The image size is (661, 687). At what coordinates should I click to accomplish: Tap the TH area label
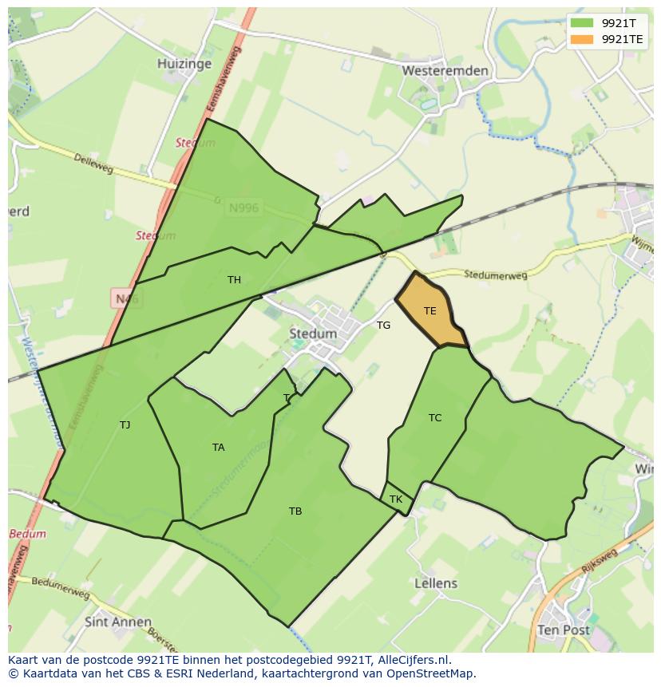[x=234, y=280]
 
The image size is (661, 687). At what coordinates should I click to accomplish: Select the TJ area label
[x=125, y=425]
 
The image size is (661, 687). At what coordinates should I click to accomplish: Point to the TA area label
[x=218, y=448]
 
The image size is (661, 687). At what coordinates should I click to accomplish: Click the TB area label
[x=295, y=511]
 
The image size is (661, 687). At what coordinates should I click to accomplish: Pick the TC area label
[x=435, y=418]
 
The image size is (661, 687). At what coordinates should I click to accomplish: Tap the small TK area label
[x=396, y=499]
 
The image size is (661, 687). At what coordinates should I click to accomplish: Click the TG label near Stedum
[x=384, y=326]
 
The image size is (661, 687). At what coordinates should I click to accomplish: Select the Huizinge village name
[x=184, y=64]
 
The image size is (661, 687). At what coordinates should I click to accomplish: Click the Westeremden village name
[x=445, y=71]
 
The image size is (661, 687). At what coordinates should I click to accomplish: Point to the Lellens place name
[x=436, y=583]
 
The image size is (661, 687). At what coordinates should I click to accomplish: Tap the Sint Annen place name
[x=118, y=622]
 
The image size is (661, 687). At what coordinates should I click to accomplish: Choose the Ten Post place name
[x=564, y=630]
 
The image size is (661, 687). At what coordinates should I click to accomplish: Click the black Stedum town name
[x=313, y=334]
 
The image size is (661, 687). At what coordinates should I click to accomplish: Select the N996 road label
[x=243, y=208]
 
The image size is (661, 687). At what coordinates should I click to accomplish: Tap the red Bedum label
[x=27, y=534]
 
